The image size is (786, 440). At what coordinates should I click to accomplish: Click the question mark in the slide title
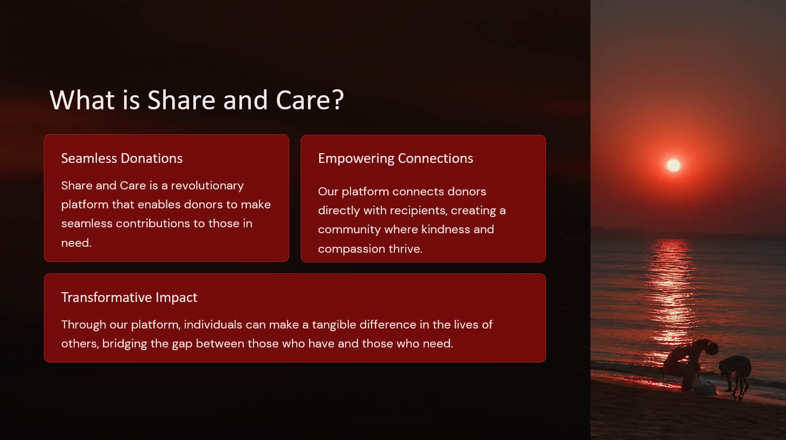[337, 100]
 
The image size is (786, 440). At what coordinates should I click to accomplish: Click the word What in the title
[82, 100]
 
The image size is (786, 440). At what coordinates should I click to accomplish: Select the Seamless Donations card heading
[122, 159]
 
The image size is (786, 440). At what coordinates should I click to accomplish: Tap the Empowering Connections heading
[395, 159]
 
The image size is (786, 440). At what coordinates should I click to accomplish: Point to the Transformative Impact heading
[129, 298]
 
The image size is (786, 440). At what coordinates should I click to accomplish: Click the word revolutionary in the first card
[207, 186]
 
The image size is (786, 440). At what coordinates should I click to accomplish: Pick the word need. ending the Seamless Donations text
[76, 242]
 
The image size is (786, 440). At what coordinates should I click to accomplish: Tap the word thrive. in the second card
[406, 248]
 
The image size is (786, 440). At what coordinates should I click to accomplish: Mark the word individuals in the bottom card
[213, 324]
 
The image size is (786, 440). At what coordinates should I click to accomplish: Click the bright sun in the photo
[673, 165]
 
